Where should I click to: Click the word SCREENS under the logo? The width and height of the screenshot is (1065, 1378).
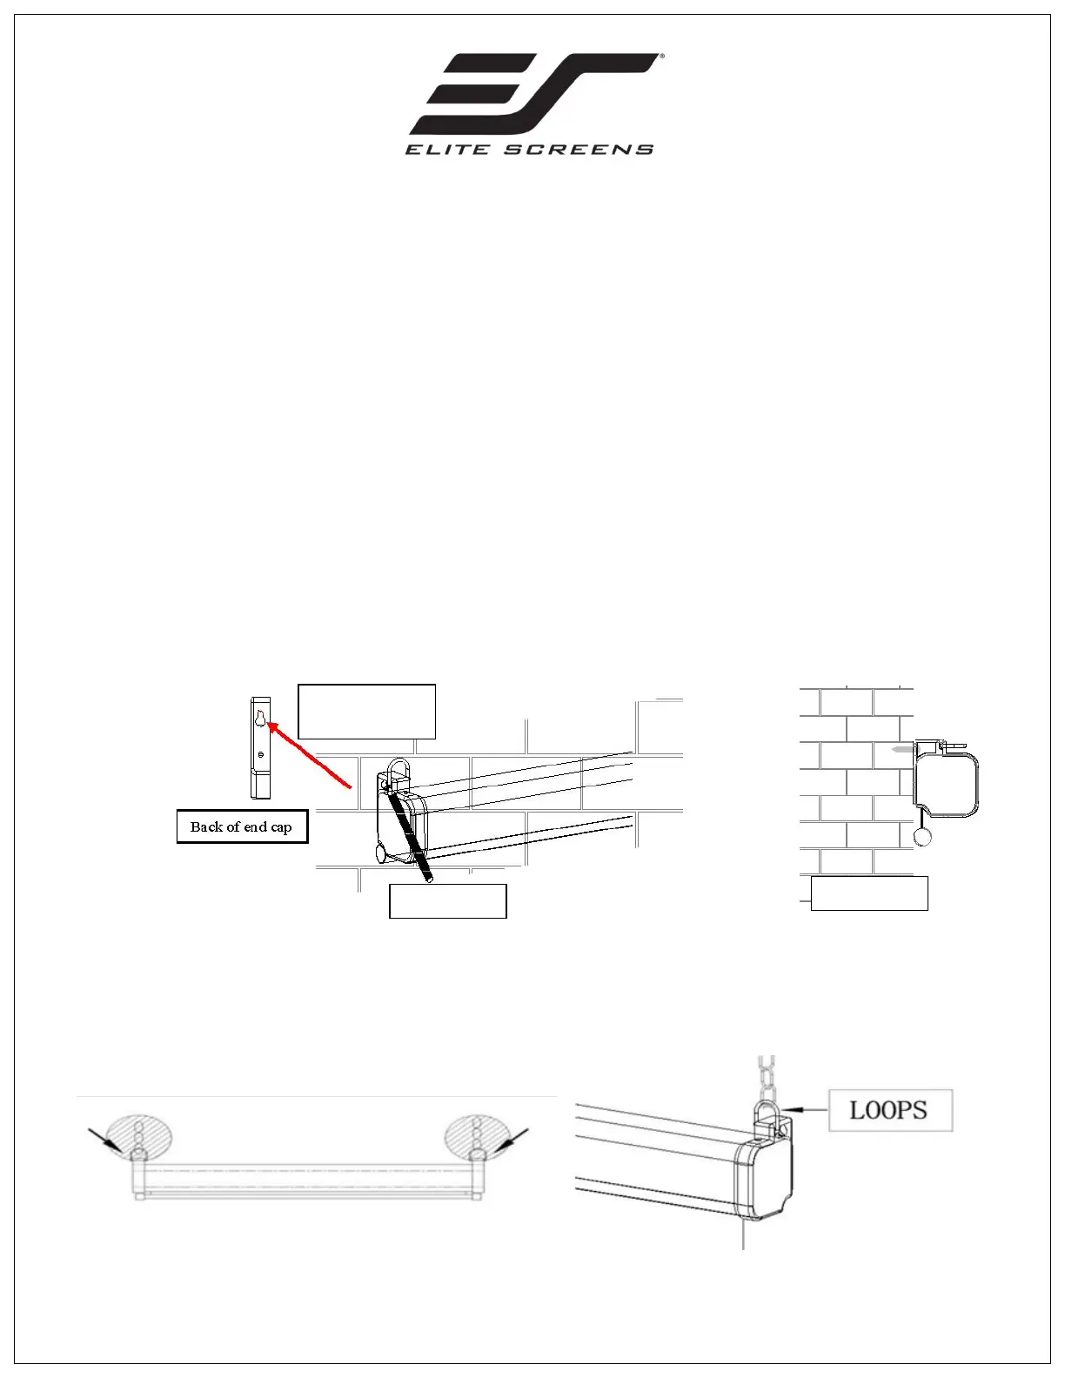(581, 150)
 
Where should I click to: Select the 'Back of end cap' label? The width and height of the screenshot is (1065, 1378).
(242, 826)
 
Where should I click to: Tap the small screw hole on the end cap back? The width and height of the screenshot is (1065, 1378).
(260, 753)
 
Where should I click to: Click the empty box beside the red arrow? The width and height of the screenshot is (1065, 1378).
(366, 711)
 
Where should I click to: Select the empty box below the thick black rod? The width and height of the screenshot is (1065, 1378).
(447, 900)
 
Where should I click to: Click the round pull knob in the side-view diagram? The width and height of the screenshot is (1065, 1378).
(923, 836)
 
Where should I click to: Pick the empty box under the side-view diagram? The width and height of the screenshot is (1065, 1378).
(869, 893)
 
